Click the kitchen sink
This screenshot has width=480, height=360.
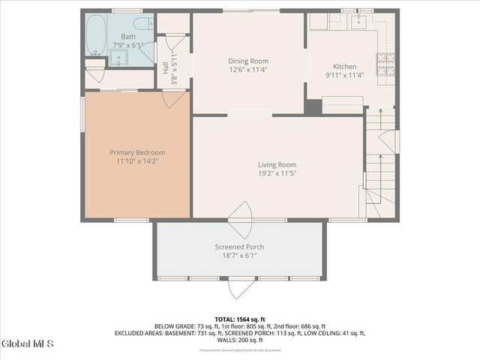pos(356,20)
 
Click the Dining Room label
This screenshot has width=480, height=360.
pos(248,61)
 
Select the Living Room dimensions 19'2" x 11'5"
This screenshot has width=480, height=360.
pos(277,174)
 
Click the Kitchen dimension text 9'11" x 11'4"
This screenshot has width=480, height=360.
pos(344,75)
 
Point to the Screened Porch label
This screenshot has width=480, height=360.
pos(239,247)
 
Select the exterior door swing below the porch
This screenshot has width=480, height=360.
pos(241,287)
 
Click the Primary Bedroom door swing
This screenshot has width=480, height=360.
pos(171,97)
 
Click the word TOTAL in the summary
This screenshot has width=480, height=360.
pos(227,319)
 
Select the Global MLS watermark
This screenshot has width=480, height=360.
pos(28,344)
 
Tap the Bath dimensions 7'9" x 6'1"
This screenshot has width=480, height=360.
pos(128,45)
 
